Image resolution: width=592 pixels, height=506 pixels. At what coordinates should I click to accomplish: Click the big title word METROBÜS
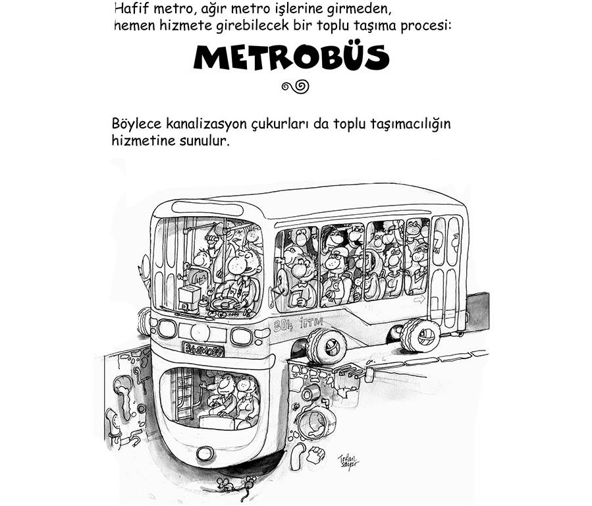292,57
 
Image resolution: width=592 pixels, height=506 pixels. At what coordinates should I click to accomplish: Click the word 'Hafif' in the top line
130,9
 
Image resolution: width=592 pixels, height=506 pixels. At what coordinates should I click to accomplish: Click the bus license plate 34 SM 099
203,349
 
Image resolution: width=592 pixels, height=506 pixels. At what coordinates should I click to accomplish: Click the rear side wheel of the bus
420,335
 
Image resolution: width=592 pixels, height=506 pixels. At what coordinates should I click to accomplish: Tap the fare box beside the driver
189,297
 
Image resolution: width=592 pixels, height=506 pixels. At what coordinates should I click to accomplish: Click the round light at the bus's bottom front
205,453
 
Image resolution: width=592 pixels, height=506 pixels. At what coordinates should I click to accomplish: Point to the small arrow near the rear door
418,298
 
